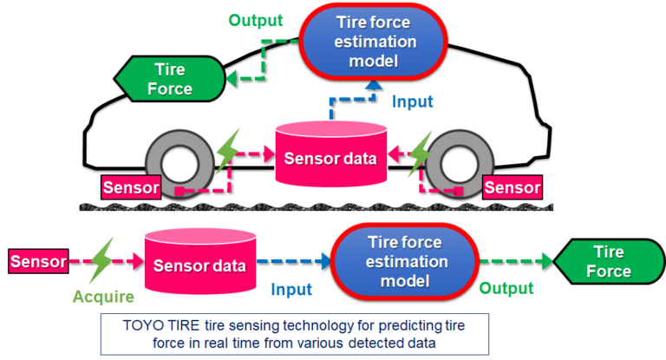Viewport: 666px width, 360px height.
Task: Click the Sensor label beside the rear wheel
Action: pos(131,187)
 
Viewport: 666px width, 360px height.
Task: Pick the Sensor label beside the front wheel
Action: pos(512,187)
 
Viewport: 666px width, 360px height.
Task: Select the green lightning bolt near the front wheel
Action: pos(421,150)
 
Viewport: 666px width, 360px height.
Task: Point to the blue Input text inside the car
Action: pos(412,101)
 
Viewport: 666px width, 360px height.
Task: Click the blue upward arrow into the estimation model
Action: pos(372,87)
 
